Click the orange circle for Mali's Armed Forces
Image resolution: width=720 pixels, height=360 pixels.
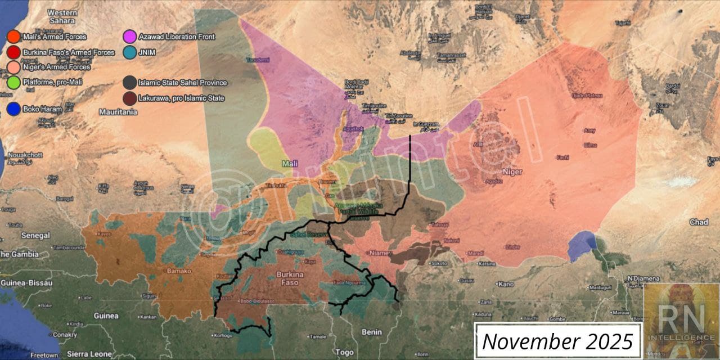pyautogui.click(x=13, y=37)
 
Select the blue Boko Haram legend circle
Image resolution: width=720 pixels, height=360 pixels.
pyautogui.click(x=13, y=109)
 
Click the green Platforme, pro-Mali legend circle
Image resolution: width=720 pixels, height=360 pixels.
pyautogui.click(x=13, y=82)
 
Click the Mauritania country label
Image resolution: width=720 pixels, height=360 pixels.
pyautogui.click(x=118, y=112)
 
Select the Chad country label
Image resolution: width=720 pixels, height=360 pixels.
pyautogui.click(x=699, y=222)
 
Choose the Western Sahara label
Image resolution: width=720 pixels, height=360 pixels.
pyautogui.click(x=62, y=16)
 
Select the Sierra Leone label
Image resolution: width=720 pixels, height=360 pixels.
pyautogui.click(x=84, y=354)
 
